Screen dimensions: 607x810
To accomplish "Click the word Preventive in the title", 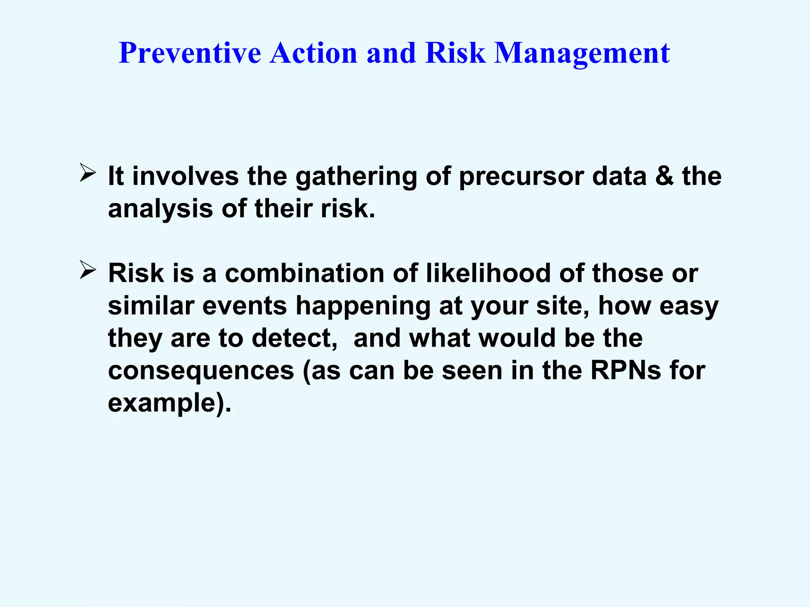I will point(190,53).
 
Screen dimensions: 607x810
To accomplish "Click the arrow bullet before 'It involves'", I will point(87,173).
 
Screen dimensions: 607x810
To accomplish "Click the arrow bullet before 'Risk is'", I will point(87,270).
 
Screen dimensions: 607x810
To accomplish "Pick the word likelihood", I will point(488,273).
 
